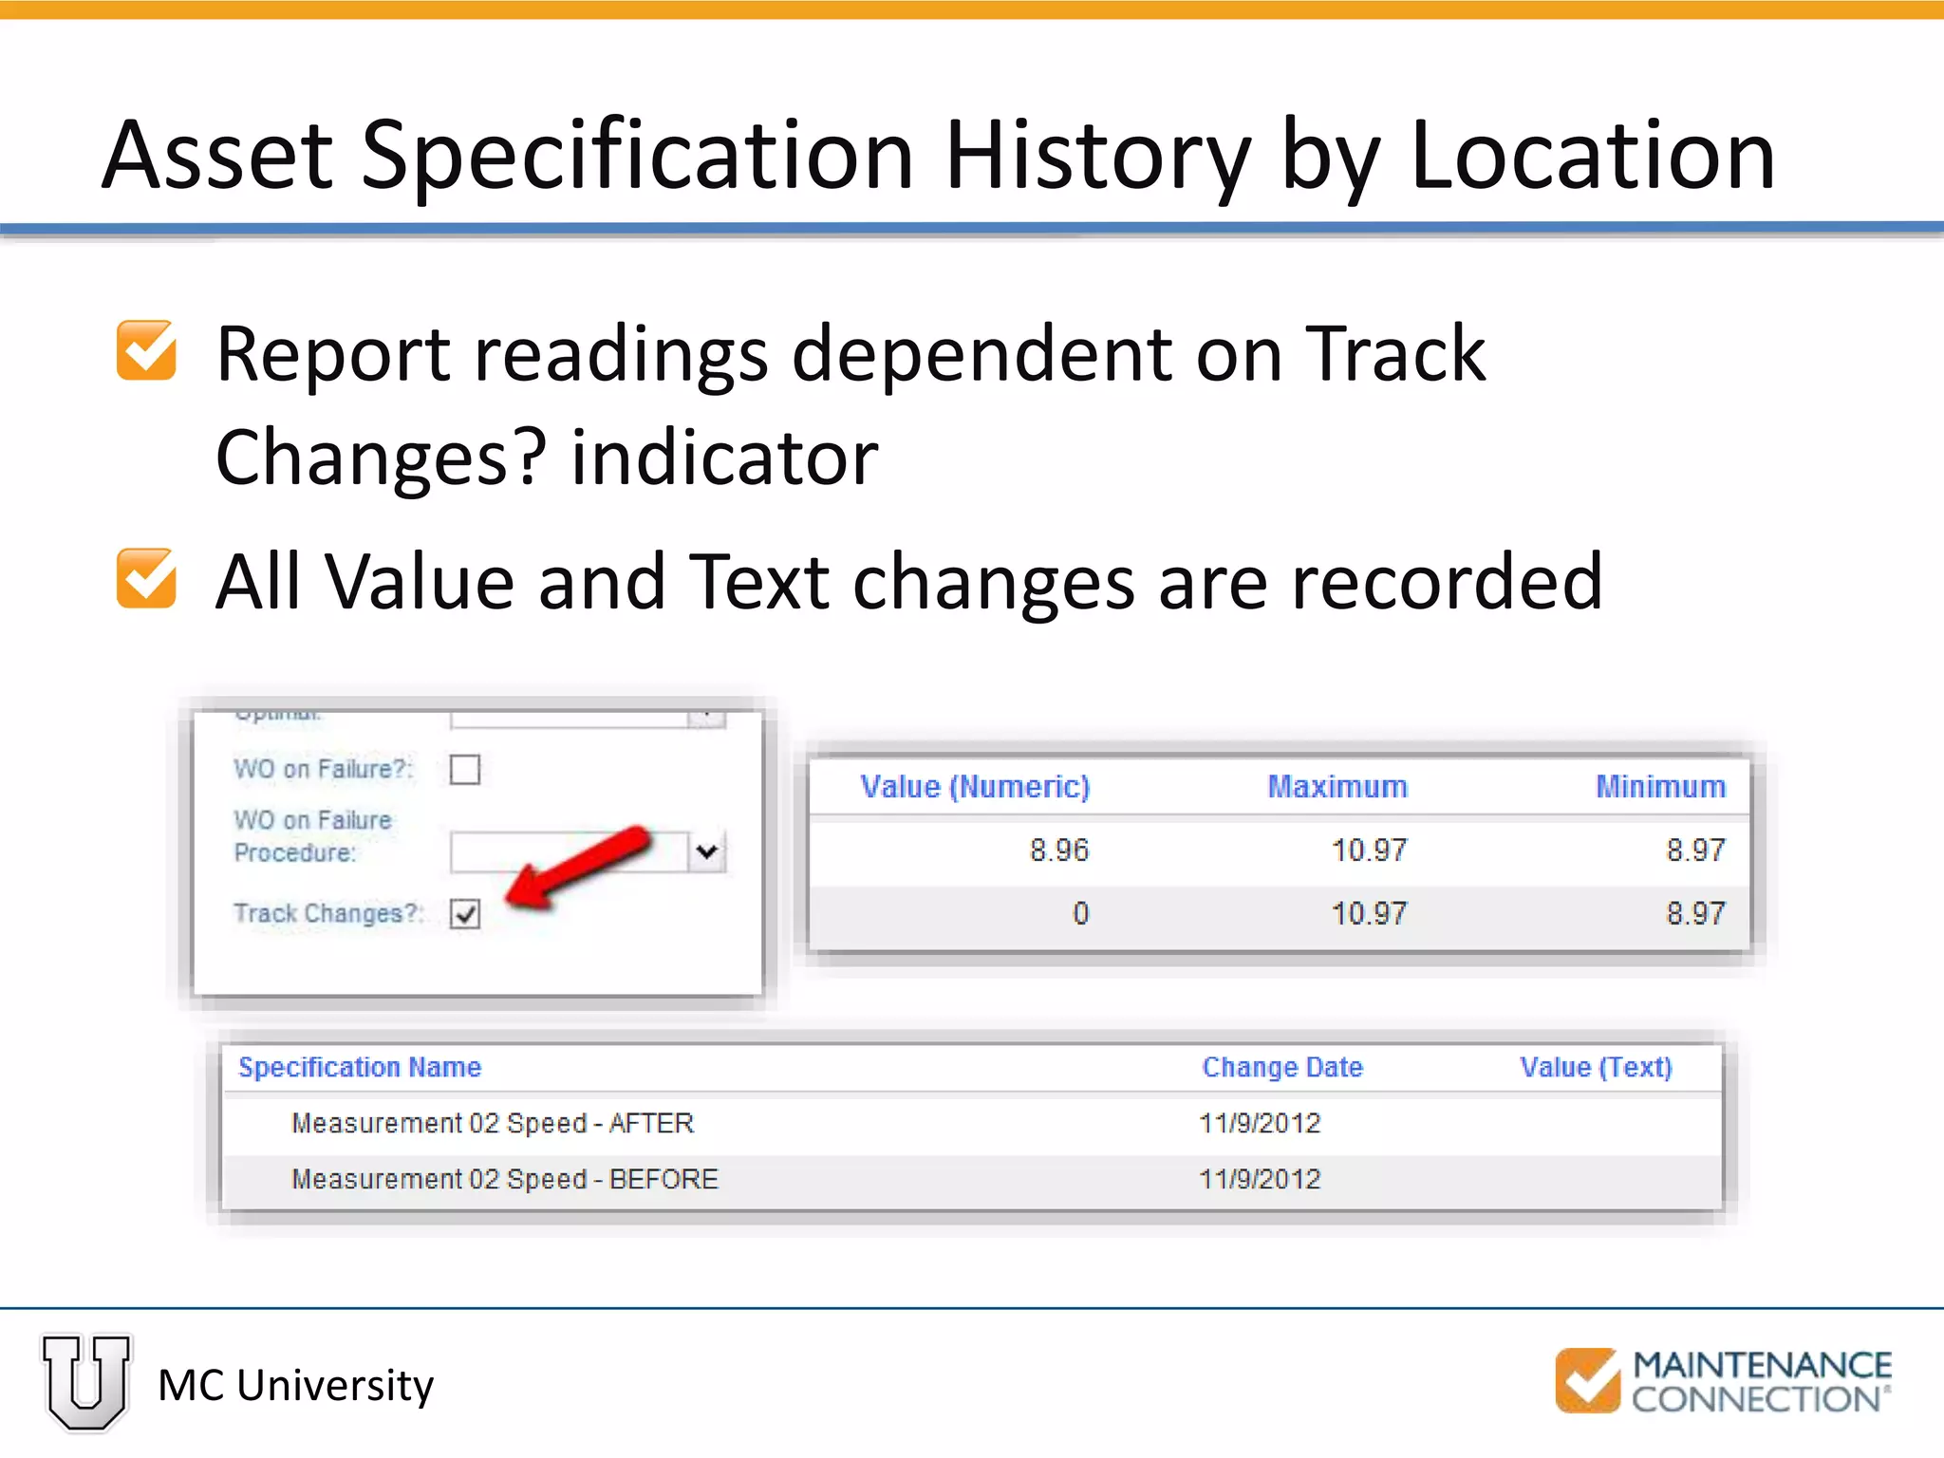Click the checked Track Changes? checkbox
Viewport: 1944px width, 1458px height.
coord(465,913)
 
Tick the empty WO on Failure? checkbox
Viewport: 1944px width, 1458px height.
coord(465,769)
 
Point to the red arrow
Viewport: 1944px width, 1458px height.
coord(579,867)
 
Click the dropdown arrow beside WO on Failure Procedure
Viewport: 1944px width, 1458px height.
coord(706,851)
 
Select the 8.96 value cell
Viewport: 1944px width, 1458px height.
coord(1058,850)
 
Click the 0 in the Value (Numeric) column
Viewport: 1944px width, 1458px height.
coord(1080,913)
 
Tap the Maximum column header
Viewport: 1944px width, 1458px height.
coord(1337,787)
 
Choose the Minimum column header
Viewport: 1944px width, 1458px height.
coord(1660,787)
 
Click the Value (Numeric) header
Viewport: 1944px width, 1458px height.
coord(975,787)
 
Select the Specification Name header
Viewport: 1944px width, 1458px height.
coord(360,1067)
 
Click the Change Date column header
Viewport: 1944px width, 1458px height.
coord(1282,1067)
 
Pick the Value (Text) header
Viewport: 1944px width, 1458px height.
coord(1596,1067)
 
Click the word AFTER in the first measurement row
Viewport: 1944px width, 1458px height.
coord(651,1123)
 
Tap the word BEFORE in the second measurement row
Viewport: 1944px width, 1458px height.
coord(664,1179)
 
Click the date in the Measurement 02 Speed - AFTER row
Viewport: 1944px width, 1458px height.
coord(1260,1123)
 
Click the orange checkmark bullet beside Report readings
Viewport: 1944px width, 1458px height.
coord(146,350)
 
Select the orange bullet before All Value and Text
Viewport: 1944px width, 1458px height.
coord(146,578)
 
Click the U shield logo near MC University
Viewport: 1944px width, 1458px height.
coord(86,1382)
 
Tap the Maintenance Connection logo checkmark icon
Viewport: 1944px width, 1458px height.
coord(1587,1380)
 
